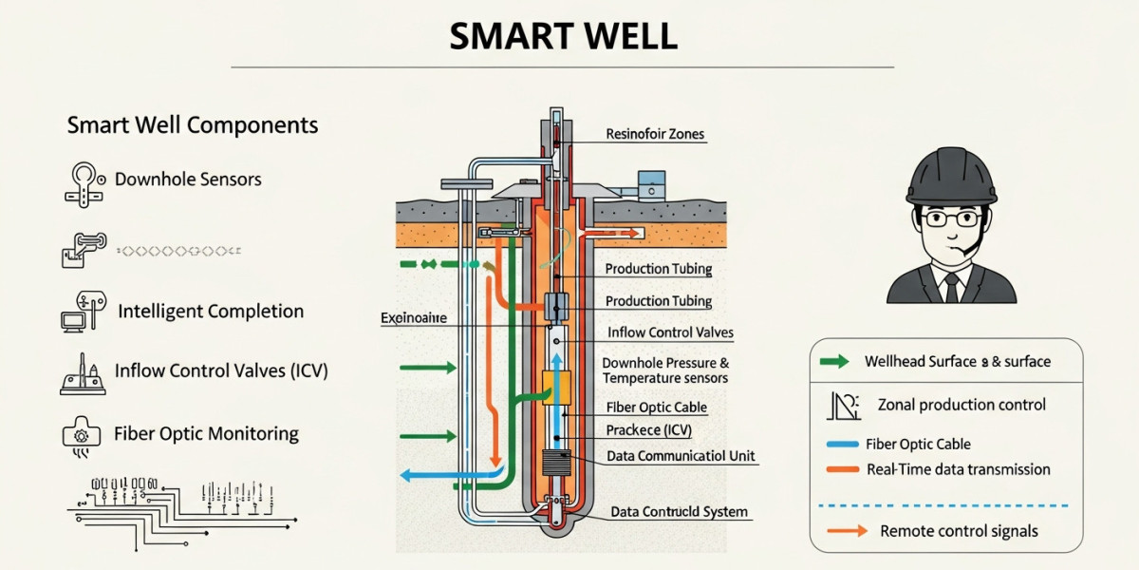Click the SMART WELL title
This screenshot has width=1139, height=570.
tap(563, 35)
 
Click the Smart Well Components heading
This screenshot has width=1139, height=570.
tap(193, 125)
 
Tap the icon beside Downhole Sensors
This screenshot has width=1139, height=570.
tap(83, 181)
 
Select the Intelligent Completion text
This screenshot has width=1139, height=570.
tap(211, 311)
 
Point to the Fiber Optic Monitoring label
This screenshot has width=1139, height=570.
tap(206, 434)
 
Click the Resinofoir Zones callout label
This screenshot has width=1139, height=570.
tap(655, 134)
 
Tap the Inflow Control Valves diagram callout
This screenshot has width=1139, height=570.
tap(669, 333)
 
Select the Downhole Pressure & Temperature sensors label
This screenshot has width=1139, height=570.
tap(665, 370)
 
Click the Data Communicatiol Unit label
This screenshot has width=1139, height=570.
tap(681, 456)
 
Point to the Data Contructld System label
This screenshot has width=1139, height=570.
tap(679, 512)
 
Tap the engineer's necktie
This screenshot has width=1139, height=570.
tap(951, 288)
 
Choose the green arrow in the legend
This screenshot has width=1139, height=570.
tap(834, 362)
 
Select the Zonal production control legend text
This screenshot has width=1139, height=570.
tap(962, 405)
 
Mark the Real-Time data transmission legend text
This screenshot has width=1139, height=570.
tap(959, 469)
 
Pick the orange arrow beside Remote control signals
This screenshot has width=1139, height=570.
tap(847, 531)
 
